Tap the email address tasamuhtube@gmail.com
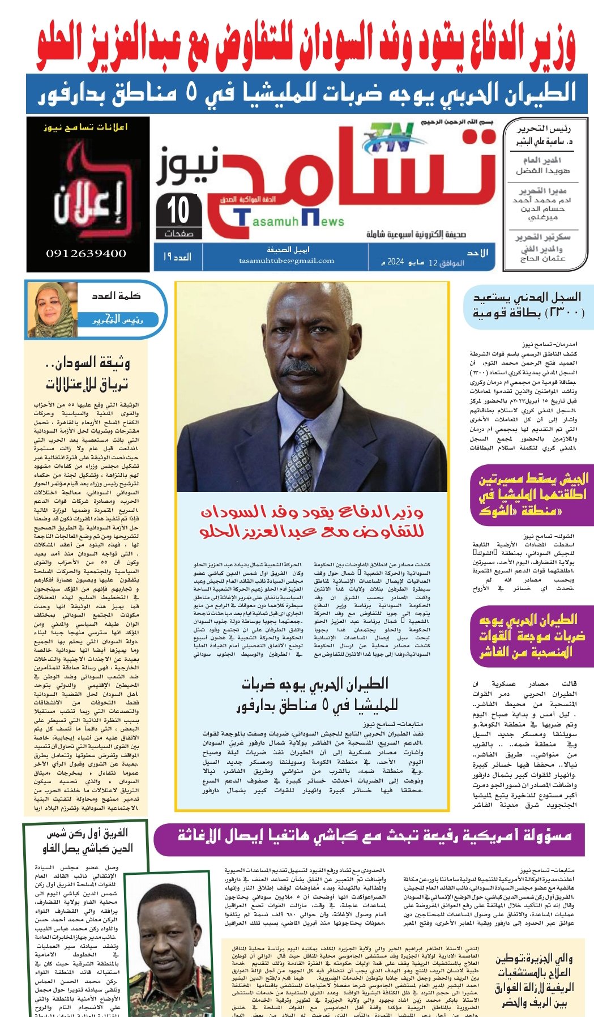pos(287,260)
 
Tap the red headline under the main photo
pos(311,522)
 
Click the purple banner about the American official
pos(374,835)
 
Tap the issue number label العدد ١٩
pos(177,257)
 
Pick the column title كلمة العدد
pos(117,296)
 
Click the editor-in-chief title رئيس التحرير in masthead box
pos(544,129)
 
